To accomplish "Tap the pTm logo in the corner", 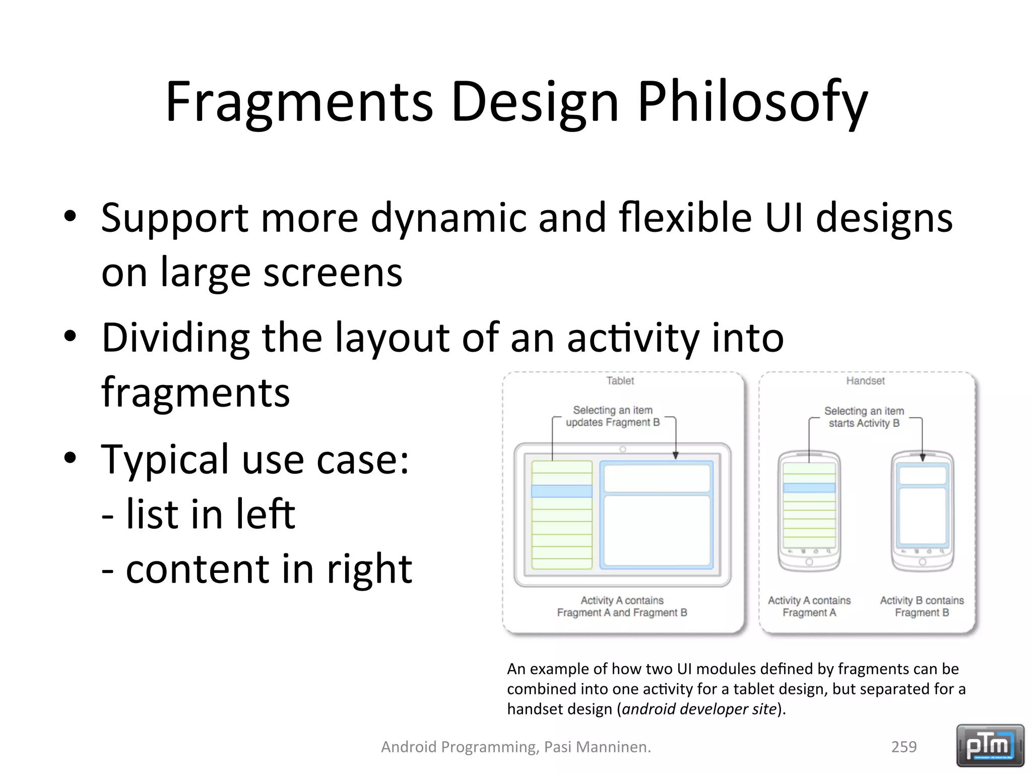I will pos(990,745).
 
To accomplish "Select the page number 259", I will pos(904,747).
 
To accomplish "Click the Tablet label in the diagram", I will pos(620,381).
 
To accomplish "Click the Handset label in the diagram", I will pos(865,381).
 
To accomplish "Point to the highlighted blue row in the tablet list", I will pos(561,491).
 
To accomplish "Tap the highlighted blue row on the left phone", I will pos(809,488).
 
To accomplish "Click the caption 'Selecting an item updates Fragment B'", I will pos(612,416).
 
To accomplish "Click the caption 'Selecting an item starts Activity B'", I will pos(864,417).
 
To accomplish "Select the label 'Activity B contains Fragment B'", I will pos(922,606).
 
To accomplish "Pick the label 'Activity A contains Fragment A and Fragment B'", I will pos(622,606).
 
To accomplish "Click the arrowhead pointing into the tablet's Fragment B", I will pos(675,455).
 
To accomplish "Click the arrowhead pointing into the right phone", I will pos(922,458).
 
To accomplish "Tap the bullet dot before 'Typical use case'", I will pos(70,458).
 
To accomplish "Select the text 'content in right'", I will pos(269,569).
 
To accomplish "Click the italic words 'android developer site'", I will pos(699,709).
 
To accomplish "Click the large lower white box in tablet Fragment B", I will pos(656,531).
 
